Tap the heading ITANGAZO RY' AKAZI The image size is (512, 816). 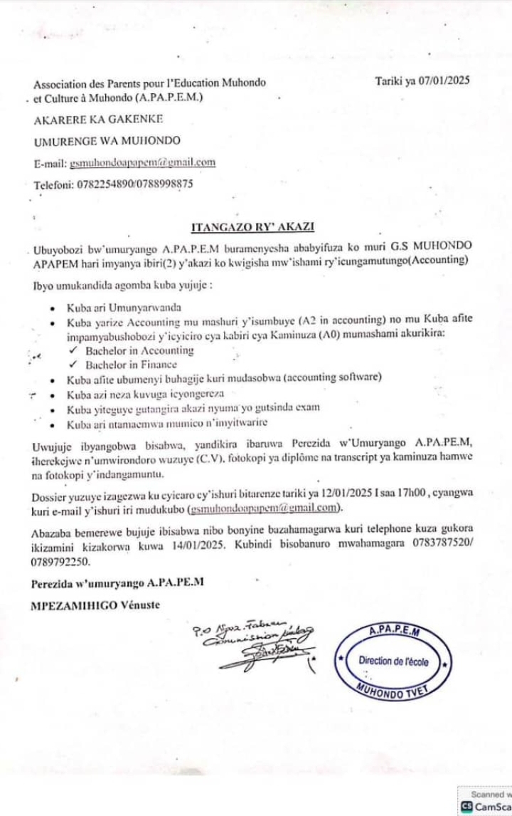(x=253, y=227)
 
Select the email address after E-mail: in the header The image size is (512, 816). (x=142, y=162)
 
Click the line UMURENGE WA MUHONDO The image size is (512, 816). (x=107, y=140)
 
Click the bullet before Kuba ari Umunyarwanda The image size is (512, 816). (x=54, y=309)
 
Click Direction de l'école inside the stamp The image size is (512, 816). (x=393, y=661)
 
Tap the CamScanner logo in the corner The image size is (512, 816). (x=467, y=807)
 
